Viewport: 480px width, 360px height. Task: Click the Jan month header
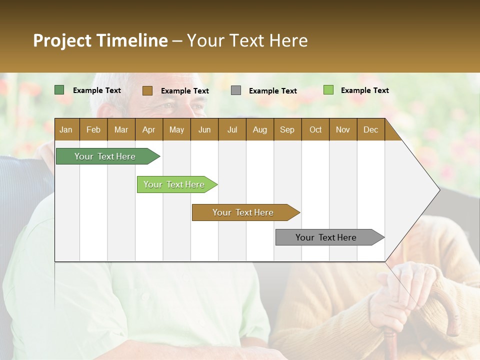point(66,129)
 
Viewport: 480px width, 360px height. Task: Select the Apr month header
point(148,129)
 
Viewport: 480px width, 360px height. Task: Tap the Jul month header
point(232,129)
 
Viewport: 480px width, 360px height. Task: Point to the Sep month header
point(287,129)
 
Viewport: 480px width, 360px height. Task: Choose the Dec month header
point(370,129)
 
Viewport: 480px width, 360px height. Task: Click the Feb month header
point(93,129)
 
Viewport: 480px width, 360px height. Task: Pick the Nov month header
point(342,129)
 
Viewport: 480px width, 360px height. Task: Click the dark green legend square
point(59,90)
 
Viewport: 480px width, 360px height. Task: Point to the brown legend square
point(147,90)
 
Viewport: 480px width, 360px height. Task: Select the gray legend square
point(236,90)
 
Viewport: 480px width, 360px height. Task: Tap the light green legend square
point(328,90)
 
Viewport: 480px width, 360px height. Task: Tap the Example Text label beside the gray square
point(272,91)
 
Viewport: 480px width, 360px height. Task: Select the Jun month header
point(204,129)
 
